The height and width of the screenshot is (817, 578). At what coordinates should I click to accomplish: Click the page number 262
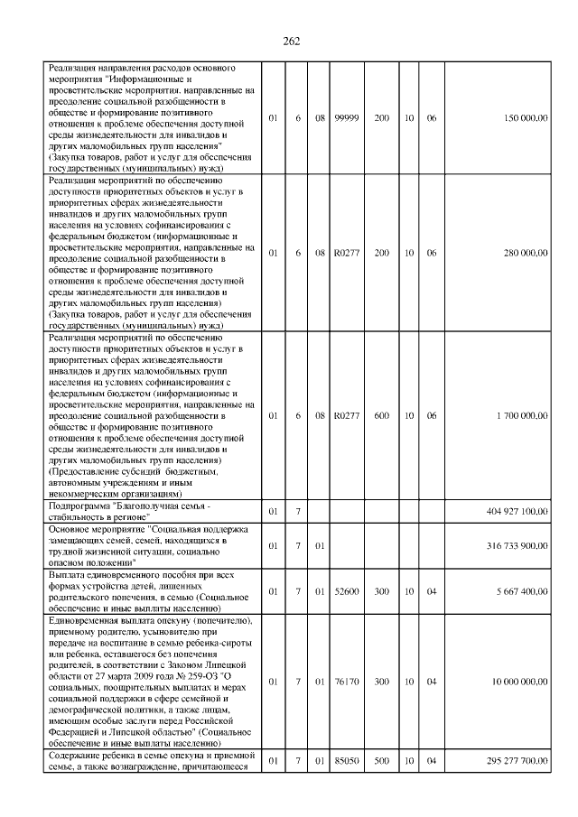point(291,42)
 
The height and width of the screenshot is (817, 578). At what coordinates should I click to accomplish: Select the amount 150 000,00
point(521,118)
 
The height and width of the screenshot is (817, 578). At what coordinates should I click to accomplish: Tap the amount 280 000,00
point(521,254)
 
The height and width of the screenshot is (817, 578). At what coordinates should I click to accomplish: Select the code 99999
point(346,118)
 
